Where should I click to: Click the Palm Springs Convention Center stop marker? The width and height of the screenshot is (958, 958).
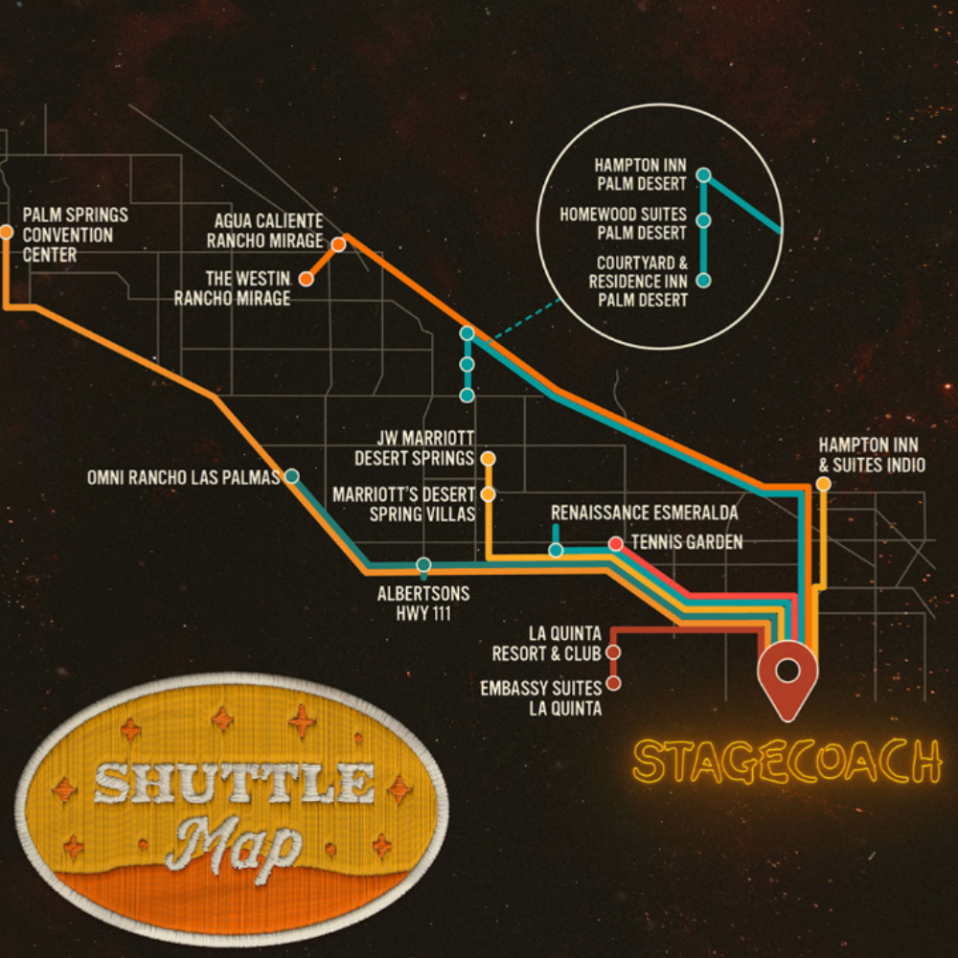click(x=7, y=232)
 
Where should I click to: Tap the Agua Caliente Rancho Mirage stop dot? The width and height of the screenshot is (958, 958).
click(x=338, y=244)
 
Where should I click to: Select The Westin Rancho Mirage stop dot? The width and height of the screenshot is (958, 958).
click(x=306, y=279)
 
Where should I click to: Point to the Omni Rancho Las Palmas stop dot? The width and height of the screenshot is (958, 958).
click(x=291, y=476)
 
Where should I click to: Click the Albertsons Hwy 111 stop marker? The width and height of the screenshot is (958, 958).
click(x=423, y=564)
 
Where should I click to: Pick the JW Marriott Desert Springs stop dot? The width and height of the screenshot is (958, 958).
click(x=488, y=459)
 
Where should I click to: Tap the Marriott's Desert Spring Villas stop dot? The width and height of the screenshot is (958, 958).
click(x=488, y=494)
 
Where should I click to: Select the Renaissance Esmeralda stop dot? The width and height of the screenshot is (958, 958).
click(x=556, y=550)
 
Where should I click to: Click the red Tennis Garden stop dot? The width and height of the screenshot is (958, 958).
click(x=615, y=543)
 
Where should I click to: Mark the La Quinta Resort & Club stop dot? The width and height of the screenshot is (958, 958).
click(x=613, y=652)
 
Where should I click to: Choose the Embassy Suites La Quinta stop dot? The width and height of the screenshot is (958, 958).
click(x=613, y=683)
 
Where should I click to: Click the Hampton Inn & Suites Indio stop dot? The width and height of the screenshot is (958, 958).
click(x=823, y=484)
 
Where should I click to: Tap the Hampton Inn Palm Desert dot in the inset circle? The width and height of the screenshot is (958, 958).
click(x=704, y=175)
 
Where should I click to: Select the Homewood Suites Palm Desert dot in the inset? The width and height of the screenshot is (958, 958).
click(x=704, y=220)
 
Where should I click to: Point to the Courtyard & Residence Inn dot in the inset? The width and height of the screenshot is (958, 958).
click(x=704, y=280)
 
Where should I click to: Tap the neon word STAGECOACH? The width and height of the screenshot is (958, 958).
click(x=787, y=762)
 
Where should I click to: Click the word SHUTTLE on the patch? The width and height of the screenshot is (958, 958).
click(x=234, y=785)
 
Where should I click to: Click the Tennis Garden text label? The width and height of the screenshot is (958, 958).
click(x=687, y=542)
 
